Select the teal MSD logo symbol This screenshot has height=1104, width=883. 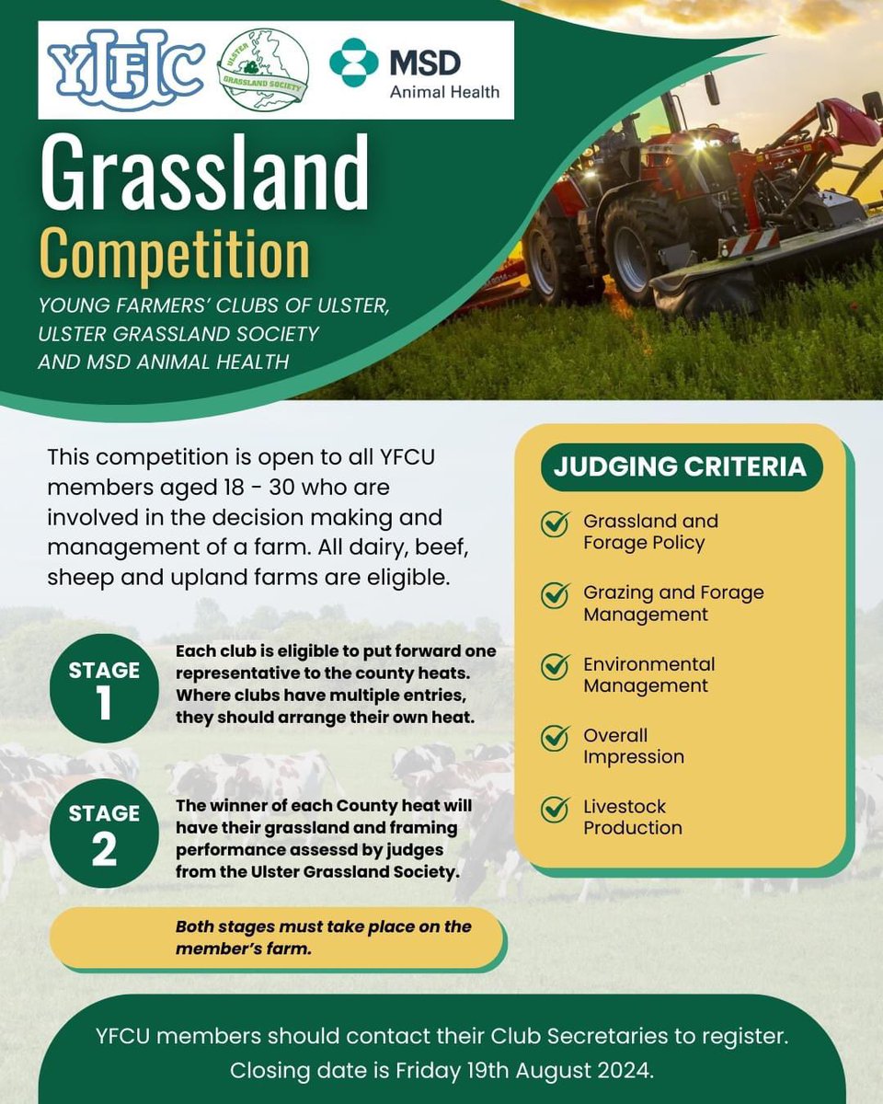pos(354,63)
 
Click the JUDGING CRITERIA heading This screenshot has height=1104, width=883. pos(680,466)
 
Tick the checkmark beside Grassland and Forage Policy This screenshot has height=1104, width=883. pos(555,524)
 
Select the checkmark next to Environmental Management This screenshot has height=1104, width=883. pos(555,667)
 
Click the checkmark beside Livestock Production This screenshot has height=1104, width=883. pos(555,810)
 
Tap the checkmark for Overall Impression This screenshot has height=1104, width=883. pos(555,738)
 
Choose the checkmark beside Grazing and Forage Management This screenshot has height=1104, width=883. pos(555,595)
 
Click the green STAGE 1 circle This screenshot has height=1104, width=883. pos(104,687)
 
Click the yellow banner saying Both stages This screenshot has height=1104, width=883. pos(276,937)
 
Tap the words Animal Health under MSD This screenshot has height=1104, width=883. pos(444,92)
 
